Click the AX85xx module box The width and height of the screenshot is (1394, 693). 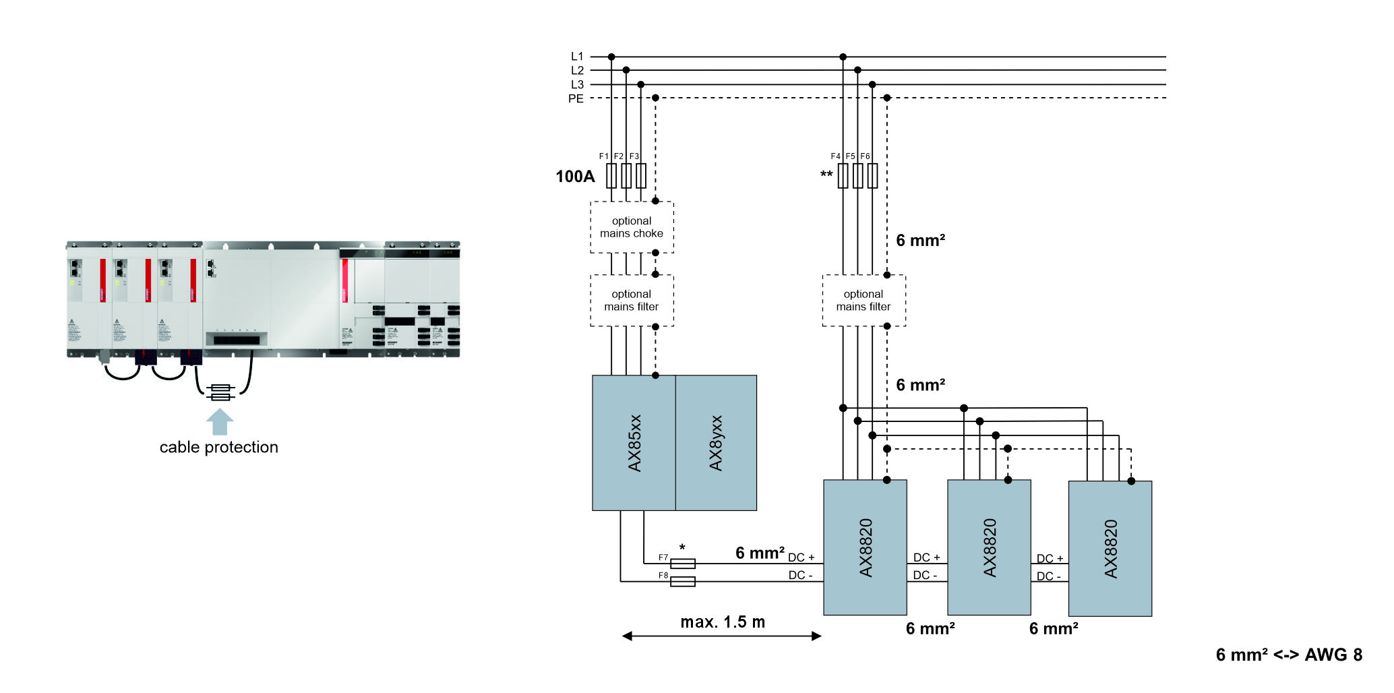634,443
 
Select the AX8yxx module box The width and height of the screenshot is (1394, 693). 716,443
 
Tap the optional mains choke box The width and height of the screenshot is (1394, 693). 632,227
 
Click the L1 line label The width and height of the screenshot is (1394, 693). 577,57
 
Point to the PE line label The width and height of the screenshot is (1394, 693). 576,98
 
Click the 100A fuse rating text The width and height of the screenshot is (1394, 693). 575,177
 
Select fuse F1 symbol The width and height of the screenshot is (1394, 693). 611,176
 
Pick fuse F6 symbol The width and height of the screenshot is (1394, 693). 872,176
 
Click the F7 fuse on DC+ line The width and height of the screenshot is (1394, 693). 683,564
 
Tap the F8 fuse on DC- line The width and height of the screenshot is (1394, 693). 683,582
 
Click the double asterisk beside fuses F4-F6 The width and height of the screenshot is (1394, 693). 826,175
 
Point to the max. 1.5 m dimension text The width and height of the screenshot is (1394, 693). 723,622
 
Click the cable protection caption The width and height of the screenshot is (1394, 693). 218,447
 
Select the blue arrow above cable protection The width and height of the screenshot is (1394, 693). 219,421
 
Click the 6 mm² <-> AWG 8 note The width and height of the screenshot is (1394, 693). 1289,655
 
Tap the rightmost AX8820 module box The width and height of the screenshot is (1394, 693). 1110,548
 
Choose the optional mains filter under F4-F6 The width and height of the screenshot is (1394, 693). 863,301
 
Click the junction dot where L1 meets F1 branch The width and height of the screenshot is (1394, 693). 611,57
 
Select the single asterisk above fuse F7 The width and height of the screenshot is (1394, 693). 682,547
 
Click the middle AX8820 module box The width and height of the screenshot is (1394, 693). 989,547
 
